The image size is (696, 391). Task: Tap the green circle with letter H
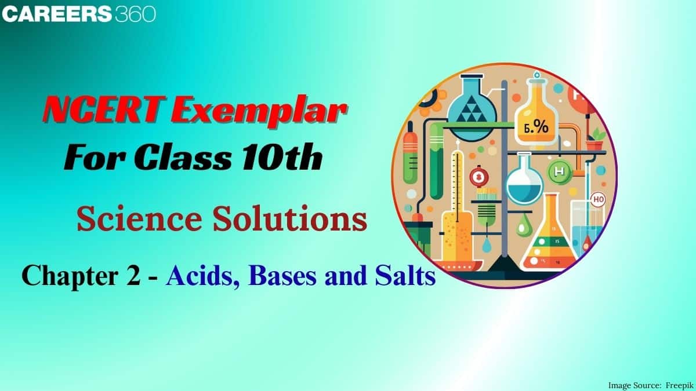560,171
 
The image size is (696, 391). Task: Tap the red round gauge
479,177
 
